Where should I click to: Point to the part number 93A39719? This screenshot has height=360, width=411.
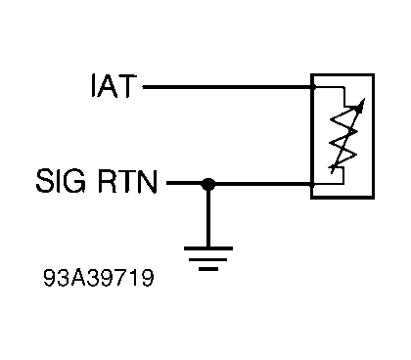[98, 277]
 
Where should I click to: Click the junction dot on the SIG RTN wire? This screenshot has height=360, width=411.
[207, 183]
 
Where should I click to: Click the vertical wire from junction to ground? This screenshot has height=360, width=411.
[207, 215]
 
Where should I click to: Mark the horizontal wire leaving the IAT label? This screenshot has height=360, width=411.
[225, 87]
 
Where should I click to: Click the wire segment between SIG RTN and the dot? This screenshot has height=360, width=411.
[185, 183]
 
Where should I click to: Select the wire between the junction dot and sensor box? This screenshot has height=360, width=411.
[259, 183]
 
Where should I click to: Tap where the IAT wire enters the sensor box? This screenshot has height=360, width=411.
[311, 87]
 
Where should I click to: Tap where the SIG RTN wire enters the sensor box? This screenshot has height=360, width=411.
[311, 183]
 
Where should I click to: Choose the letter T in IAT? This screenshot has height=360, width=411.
[132, 88]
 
